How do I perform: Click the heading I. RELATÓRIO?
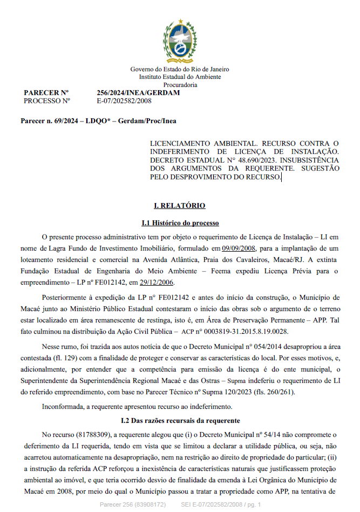[x=180, y=206]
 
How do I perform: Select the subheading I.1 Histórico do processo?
[x=180, y=223]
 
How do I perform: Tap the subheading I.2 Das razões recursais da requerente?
[x=180, y=420]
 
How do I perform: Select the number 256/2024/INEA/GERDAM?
[x=138, y=93]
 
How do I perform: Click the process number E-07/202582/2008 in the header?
[x=124, y=101]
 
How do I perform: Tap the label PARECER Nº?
[x=46, y=93]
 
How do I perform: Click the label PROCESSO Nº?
[x=47, y=101]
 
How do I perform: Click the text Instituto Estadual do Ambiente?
[x=180, y=77]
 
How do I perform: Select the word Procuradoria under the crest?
[x=180, y=85]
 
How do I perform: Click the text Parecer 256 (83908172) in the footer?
[x=133, y=504]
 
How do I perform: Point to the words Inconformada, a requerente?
[x=74, y=406]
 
